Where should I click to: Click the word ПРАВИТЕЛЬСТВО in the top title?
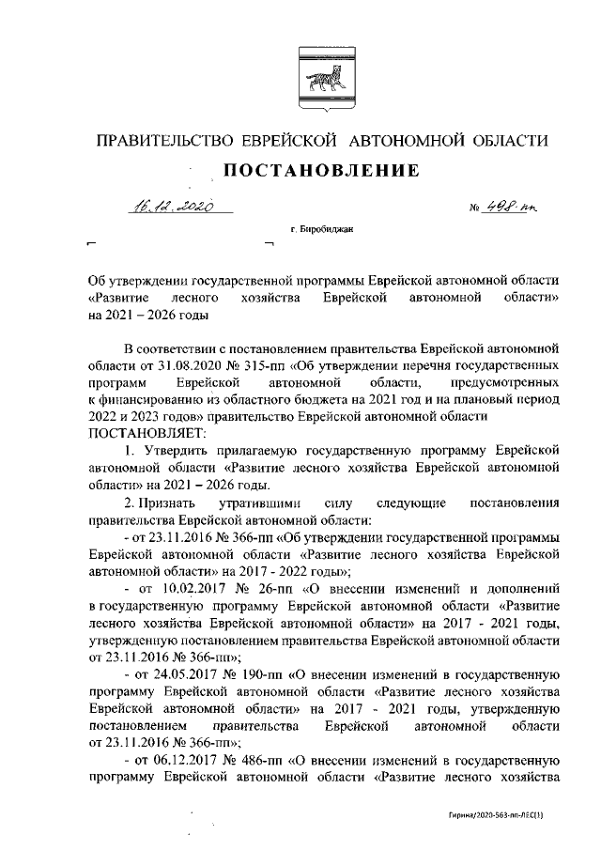tap(166, 141)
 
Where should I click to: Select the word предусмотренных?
tap(507, 381)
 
